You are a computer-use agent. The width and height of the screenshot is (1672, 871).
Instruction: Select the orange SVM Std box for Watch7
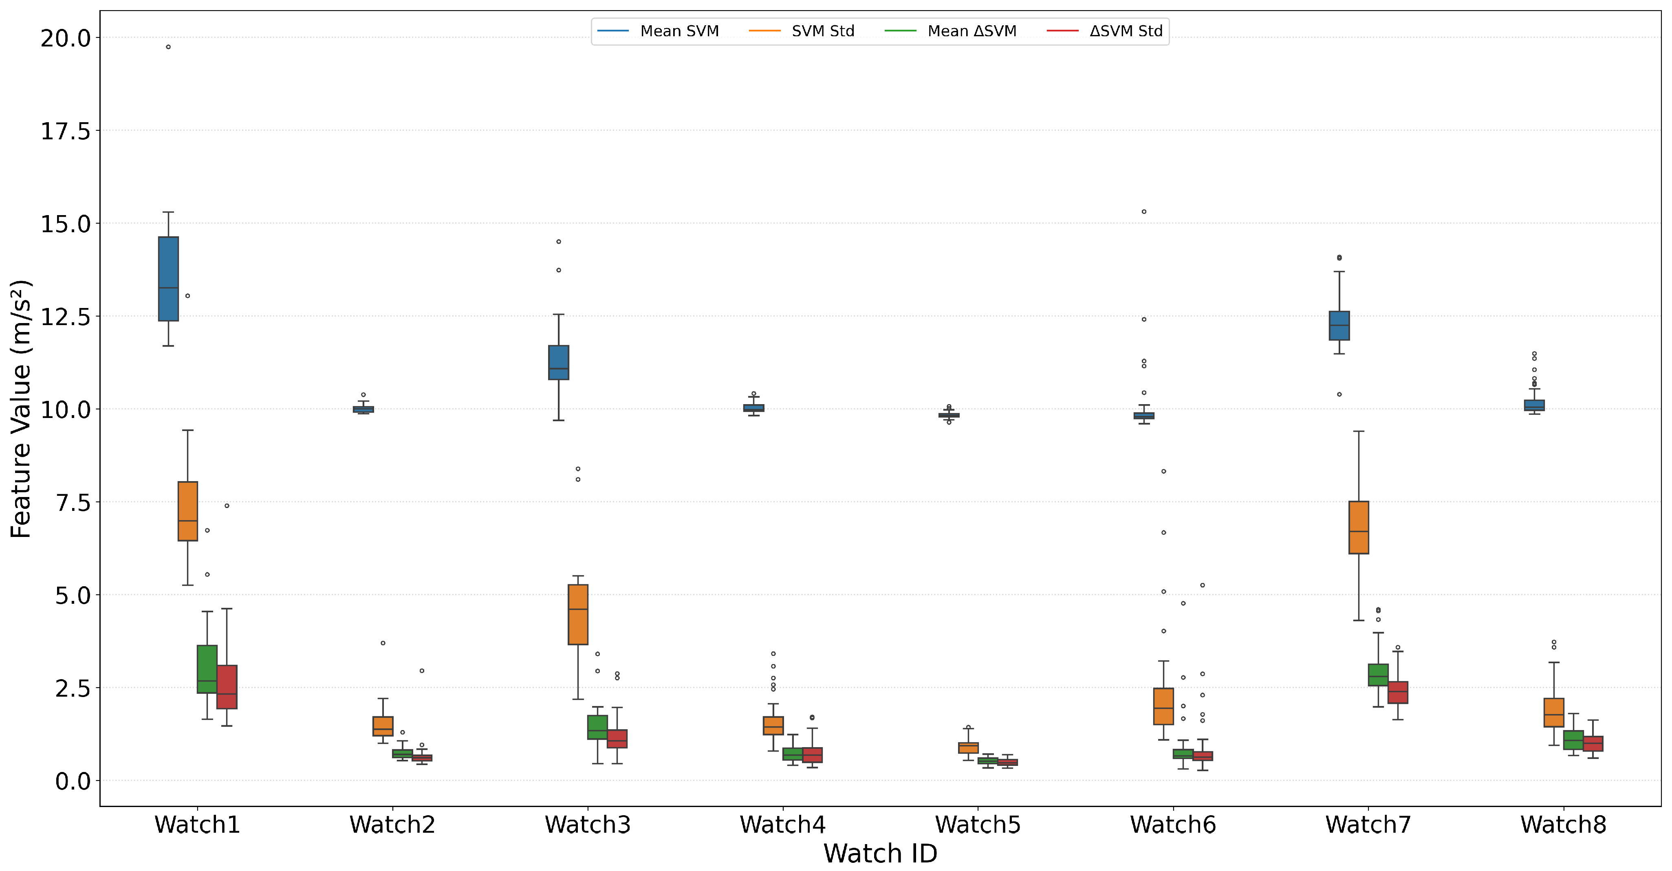click(1359, 527)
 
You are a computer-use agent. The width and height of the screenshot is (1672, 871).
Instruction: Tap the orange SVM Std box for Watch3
click(578, 615)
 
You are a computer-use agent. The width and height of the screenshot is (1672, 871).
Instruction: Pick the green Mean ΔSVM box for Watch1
click(207, 669)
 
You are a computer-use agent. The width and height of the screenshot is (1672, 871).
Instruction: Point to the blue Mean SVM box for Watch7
click(1339, 326)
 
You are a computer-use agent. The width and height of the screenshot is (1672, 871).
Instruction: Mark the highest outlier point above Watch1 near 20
click(168, 47)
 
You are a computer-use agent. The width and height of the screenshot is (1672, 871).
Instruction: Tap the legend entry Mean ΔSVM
click(951, 31)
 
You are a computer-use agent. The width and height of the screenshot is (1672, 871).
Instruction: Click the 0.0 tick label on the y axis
click(73, 781)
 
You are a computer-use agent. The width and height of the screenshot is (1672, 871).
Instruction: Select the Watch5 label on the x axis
click(978, 825)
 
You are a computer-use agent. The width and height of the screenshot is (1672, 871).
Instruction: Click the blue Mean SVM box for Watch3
click(558, 362)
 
